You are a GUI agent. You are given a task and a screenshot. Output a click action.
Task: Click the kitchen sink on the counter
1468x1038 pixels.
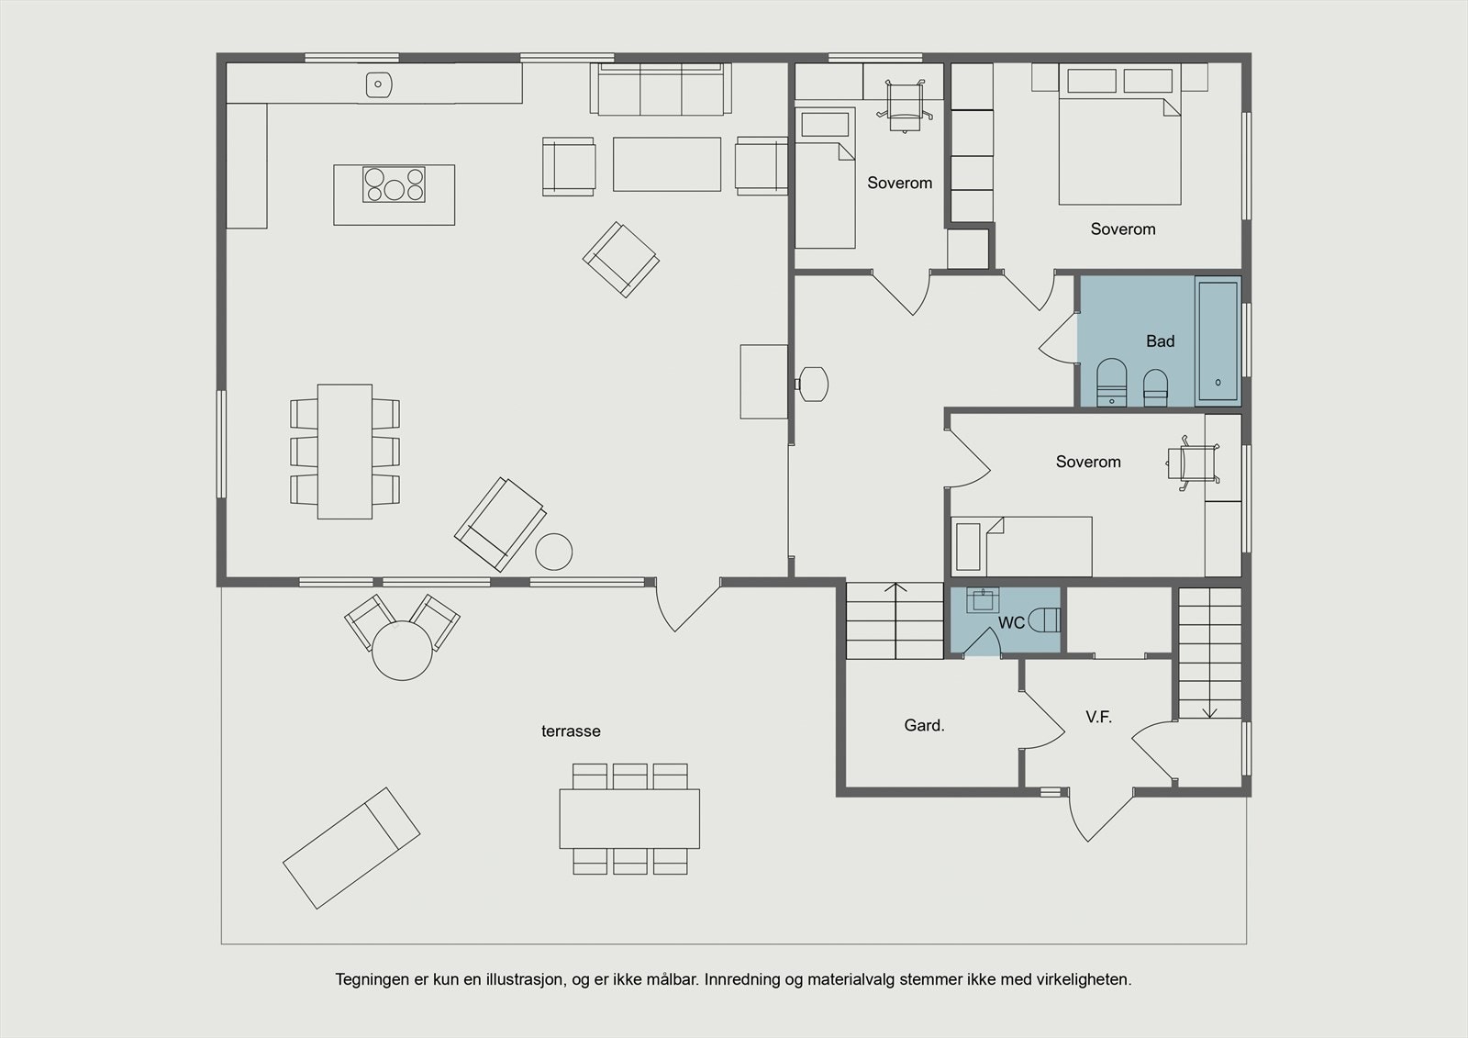click(x=378, y=84)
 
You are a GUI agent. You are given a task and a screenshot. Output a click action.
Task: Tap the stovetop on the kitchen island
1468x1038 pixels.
click(x=394, y=184)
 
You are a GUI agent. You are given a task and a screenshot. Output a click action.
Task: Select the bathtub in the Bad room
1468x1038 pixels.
click(x=1218, y=341)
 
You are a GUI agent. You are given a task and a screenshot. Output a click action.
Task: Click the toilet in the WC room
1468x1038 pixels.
click(x=1045, y=620)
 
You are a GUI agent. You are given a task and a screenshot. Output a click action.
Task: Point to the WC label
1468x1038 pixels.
click(x=1011, y=623)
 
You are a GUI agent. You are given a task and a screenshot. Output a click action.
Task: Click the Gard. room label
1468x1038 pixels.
click(x=924, y=725)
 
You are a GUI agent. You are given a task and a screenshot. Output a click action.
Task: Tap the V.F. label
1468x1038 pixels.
click(x=1098, y=717)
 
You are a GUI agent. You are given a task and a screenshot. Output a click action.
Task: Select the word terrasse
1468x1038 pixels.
click(x=571, y=731)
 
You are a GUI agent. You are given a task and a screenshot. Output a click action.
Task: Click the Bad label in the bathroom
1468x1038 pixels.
click(x=1160, y=341)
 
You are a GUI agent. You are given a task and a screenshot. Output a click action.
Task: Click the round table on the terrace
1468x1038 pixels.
click(x=403, y=651)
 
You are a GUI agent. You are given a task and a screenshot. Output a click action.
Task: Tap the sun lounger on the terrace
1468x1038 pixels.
click(x=351, y=848)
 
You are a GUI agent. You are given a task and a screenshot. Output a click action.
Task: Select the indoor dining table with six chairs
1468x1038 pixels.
click(x=345, y=452)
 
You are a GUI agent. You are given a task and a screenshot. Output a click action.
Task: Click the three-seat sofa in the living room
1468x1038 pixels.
click(x=661, y=89)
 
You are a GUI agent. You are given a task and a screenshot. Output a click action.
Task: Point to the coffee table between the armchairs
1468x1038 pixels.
click(x=667, y=164)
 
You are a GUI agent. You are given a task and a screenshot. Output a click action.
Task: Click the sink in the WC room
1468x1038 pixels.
click(x=983, y=600)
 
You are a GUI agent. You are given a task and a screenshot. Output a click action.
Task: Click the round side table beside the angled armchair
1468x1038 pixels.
click(x=554, y=552)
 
